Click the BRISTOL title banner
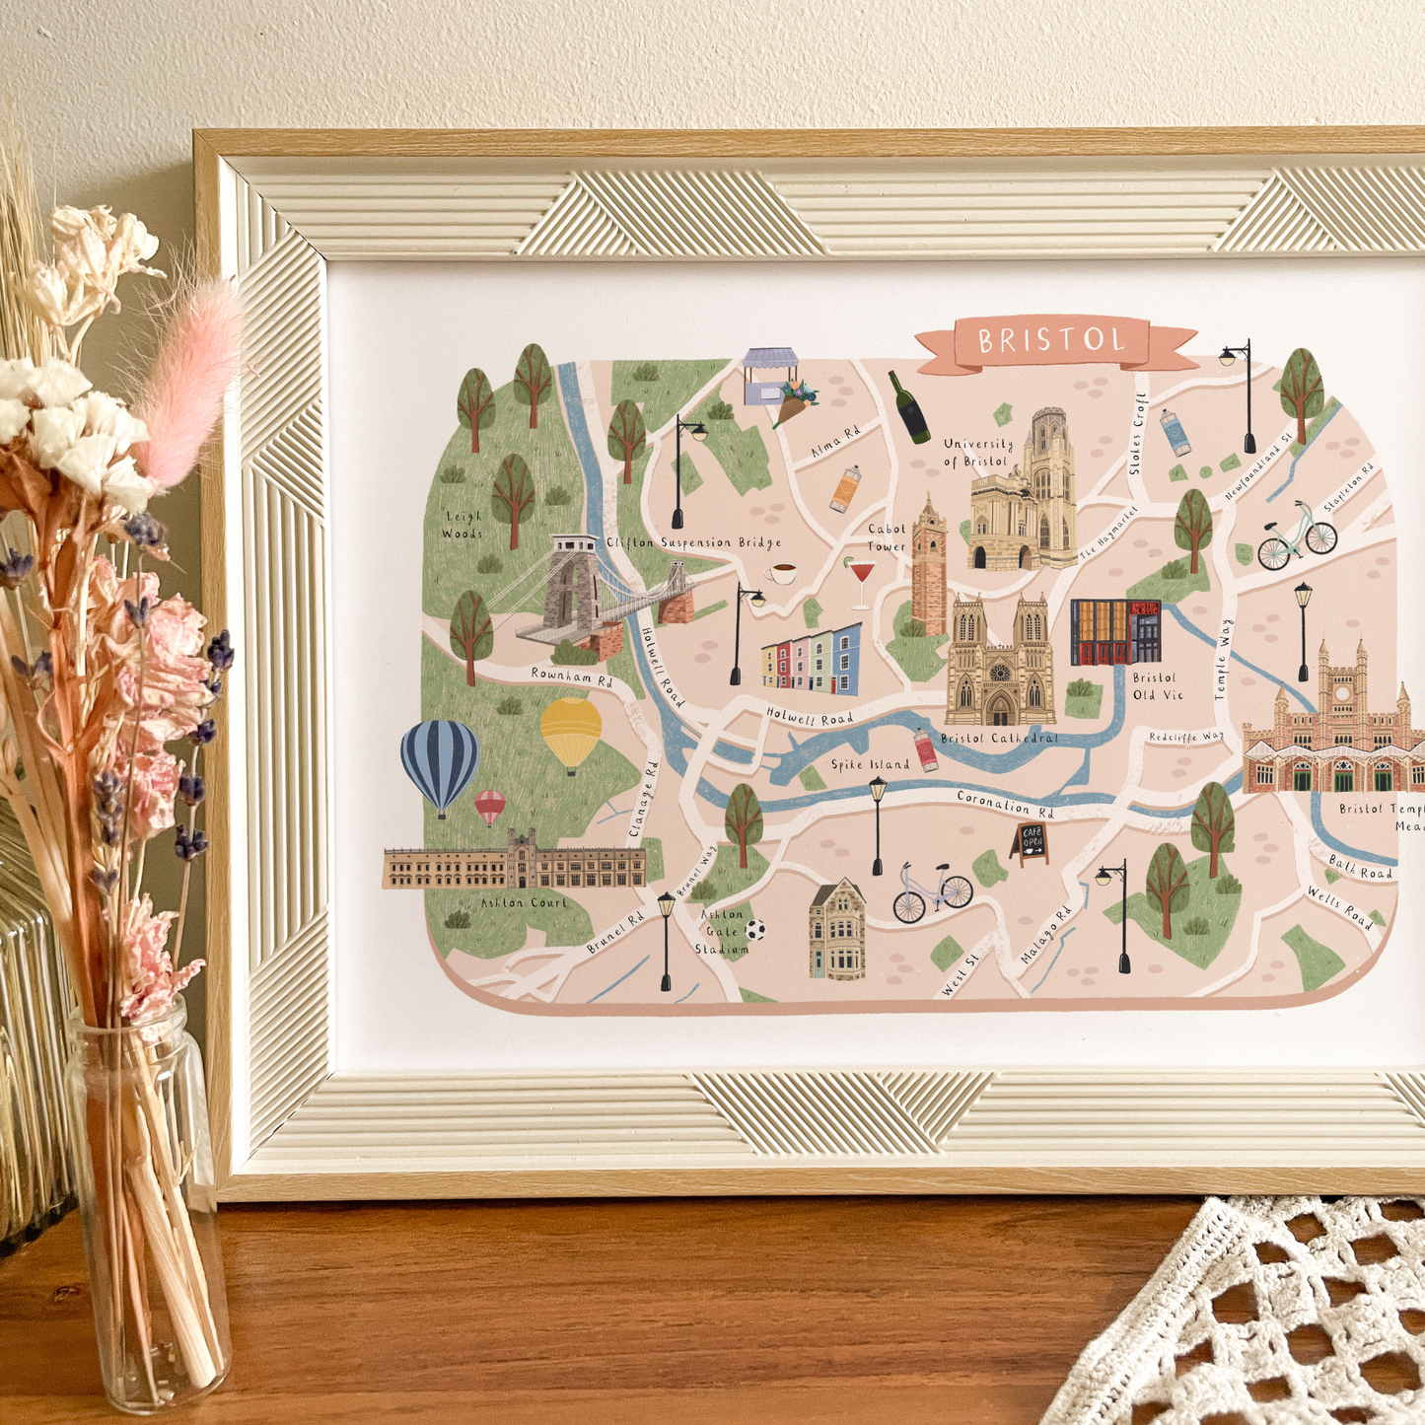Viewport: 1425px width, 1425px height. (1053, 342)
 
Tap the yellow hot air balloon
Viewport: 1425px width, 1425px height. (571, 731)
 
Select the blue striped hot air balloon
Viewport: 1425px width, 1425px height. (440, 762)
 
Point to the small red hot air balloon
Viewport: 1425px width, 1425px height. (490, 806)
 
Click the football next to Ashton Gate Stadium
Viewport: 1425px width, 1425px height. (756, 929)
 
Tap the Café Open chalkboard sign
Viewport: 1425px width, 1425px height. (1031, 843)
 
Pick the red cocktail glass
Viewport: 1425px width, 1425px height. (862, 580)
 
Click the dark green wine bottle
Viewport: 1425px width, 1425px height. (909, 407)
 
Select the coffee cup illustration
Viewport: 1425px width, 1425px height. (782, 573)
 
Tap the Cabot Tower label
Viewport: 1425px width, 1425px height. (887, 537)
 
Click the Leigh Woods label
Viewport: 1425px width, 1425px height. (463, 525)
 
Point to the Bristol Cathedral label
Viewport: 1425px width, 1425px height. (999, 738)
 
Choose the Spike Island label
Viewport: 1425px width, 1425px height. (870, 764)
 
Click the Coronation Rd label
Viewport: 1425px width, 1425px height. (1006, 804)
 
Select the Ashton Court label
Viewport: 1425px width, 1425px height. (524, 902)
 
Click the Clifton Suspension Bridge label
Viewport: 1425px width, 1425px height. (694, 542)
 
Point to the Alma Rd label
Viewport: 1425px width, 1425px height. (835, 442)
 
